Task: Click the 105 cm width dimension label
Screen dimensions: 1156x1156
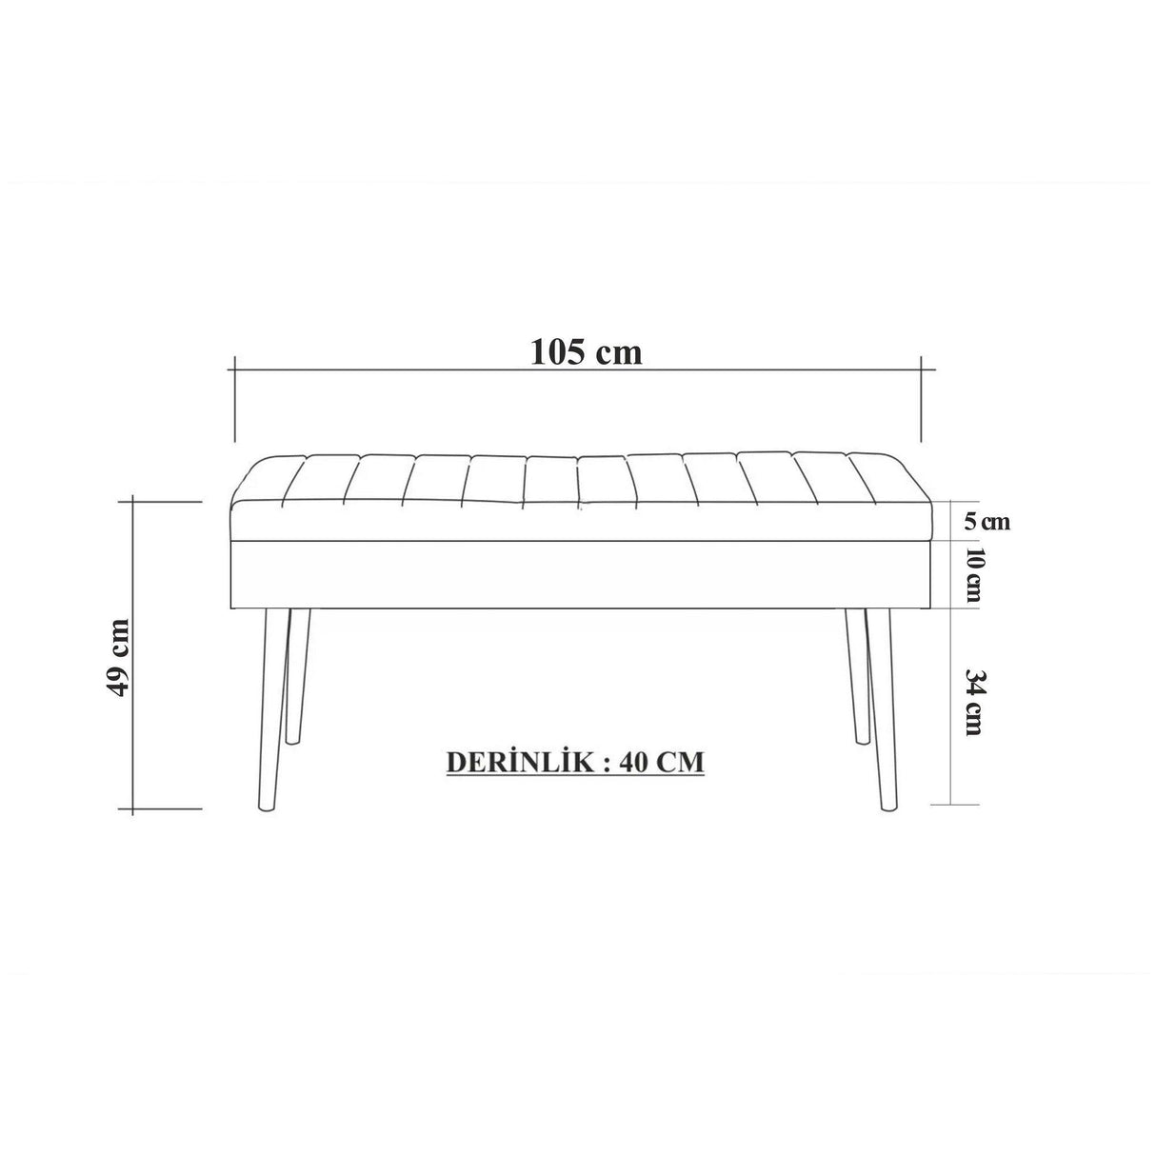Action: tap(586, 352)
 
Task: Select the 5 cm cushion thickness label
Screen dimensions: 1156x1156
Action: tap(986, 521)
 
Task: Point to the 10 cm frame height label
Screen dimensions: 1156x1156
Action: tap(972, 574)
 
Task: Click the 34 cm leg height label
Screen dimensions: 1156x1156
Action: tap(973, 703)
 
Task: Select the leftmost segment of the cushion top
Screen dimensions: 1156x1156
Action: tap(268, 481)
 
